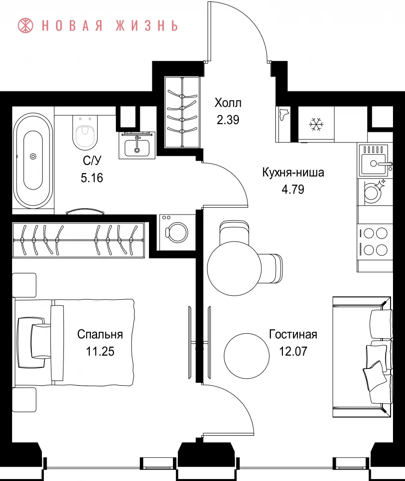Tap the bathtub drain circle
point(33,156)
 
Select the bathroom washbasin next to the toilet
point(137,145)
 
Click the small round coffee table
point(246,356)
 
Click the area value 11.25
point(100,351)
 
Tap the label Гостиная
point(293,334)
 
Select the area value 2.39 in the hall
point(228,120)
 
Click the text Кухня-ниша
point(293,172)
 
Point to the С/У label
point(92,161)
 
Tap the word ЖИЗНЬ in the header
point(147,26)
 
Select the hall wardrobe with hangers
point(183,112)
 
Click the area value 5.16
point(92,177)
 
